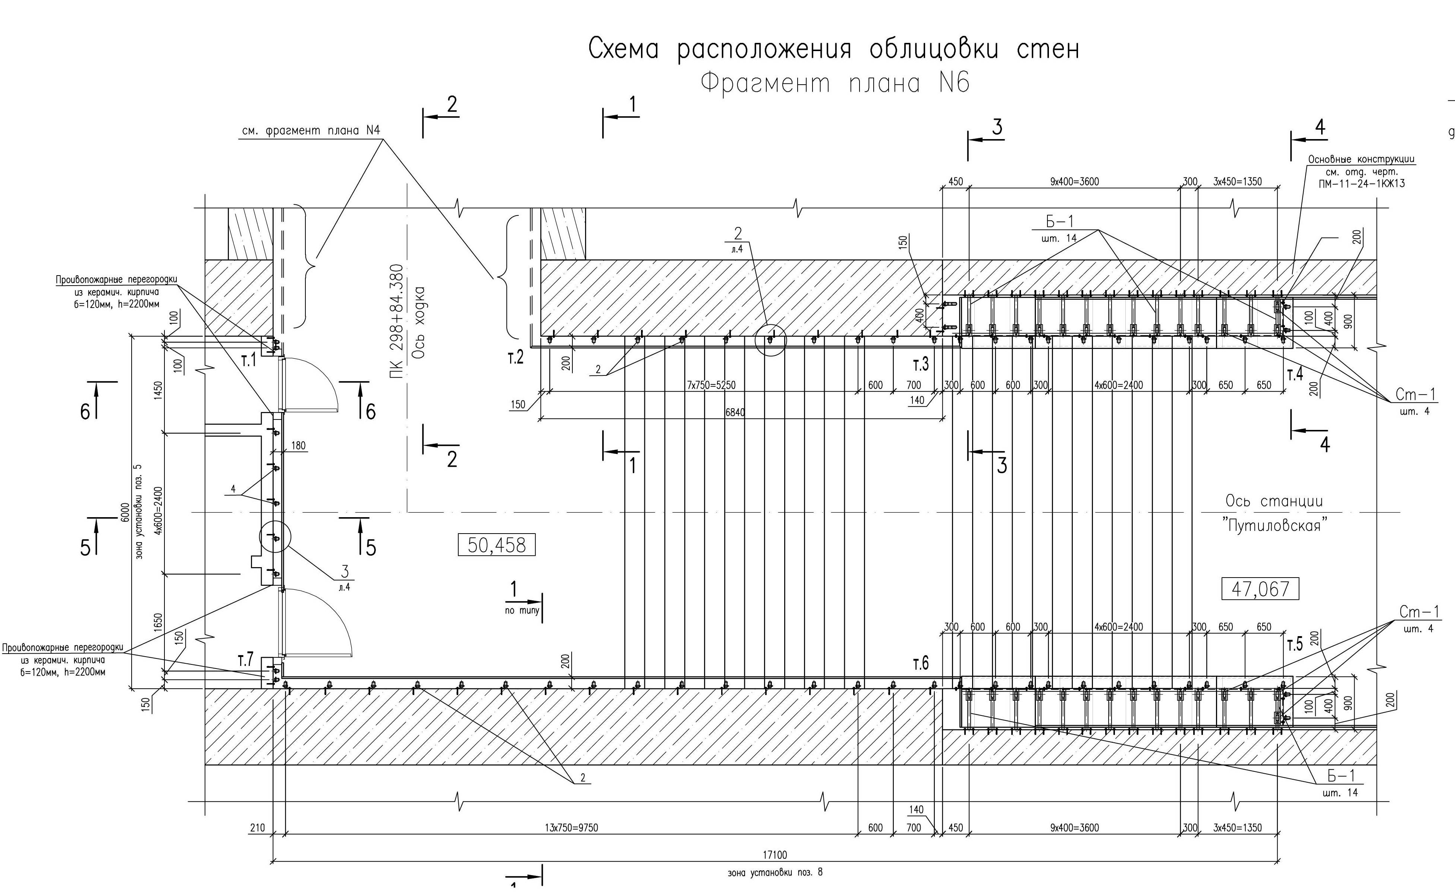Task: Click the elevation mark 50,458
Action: (496, 545)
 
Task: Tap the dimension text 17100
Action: (775, 855)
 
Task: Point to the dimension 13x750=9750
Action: (571, 828)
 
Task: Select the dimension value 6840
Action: (735, 412)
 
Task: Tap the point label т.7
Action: (245, 659)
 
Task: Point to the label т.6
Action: (921, 664)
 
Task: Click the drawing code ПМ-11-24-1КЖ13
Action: (1361, 184)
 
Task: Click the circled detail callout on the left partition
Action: (276, 537)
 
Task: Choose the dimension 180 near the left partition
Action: (299, 446)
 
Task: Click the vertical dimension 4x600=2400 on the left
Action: (158, 511)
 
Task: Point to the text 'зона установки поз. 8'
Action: (775, 872)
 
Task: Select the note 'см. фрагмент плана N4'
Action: (311, 131)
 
